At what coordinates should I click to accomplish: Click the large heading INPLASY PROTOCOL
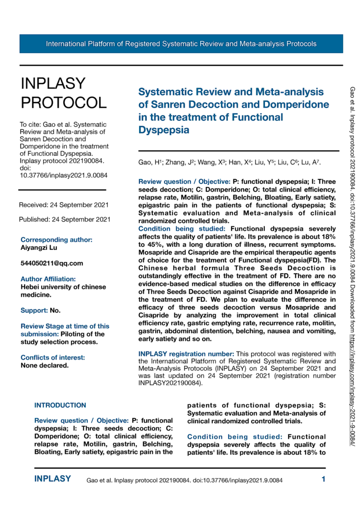pyautogui.click(x=64, y=93)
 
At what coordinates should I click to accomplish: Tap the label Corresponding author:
pyautogui.click(x=56, y=240)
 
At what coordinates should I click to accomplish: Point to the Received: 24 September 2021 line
pyautogui.click(x=64, y=205)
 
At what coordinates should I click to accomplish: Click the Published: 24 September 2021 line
pyautogui.click(x=65, y=219)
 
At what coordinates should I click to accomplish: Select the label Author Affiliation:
pyautogui.click(x=48, y=279)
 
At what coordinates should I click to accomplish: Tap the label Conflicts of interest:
pyautogui.click(x=52, y=358)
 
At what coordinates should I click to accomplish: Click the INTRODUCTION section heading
pyautogui.click(x=60, y=405)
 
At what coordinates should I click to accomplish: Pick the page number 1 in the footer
pyautogui.click(x=323, y=479)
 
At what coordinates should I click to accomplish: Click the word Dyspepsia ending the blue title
pyautogui.click(x=164, y=130)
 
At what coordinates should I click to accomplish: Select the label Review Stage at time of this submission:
pyautogui.click(x=65, y=330)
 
